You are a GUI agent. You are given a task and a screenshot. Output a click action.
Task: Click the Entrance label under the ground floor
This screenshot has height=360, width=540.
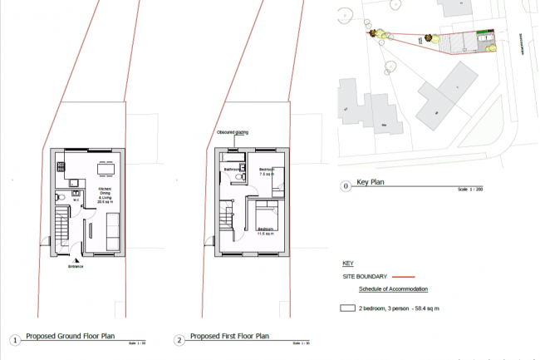pos(76,267)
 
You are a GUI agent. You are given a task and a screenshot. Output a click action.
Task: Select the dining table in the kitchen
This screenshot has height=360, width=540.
pos(105,170)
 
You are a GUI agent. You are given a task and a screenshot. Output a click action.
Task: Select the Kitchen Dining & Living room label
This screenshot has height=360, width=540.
pos(106,195)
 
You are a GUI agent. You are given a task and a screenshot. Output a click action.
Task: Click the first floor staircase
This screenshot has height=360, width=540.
pos(227,221)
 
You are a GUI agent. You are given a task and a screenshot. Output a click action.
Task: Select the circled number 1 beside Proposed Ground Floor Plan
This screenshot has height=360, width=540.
pos(14,340)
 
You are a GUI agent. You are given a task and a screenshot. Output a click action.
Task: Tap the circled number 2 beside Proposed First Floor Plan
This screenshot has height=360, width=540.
pos(179,340)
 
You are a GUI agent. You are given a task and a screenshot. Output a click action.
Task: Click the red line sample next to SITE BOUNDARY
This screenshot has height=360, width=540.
pos(403,276)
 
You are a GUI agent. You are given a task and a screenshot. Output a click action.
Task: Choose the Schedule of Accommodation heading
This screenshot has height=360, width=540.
pos(393,289)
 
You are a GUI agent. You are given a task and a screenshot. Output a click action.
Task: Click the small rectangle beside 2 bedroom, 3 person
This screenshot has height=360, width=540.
pos(347,308)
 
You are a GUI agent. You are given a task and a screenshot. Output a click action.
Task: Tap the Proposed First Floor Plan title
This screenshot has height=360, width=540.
pos(230,337)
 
